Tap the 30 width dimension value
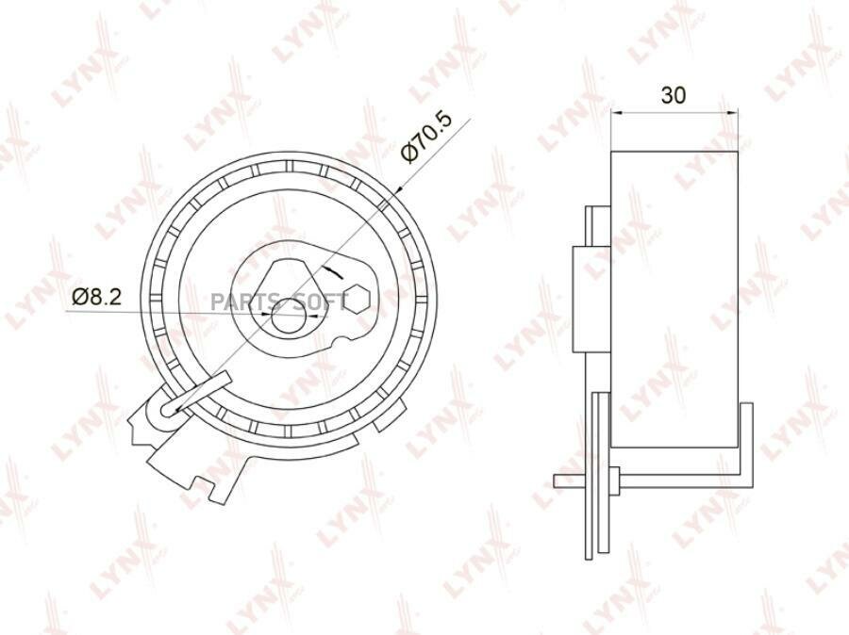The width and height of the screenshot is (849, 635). [674, 95]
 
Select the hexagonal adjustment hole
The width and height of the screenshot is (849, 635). [358, 298]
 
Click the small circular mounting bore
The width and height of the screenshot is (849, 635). [289, 319]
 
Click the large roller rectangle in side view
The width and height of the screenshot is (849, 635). [674, 299]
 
